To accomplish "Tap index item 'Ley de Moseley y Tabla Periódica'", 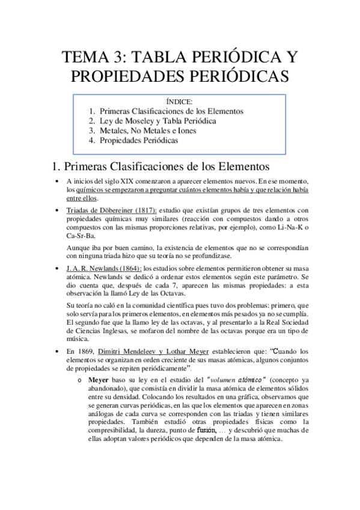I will coord(157,121).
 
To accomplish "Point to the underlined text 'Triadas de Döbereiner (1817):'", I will coord(112,210).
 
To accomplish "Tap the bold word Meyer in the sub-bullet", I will coord(99,380).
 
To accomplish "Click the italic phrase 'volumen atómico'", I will coord(237,380).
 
